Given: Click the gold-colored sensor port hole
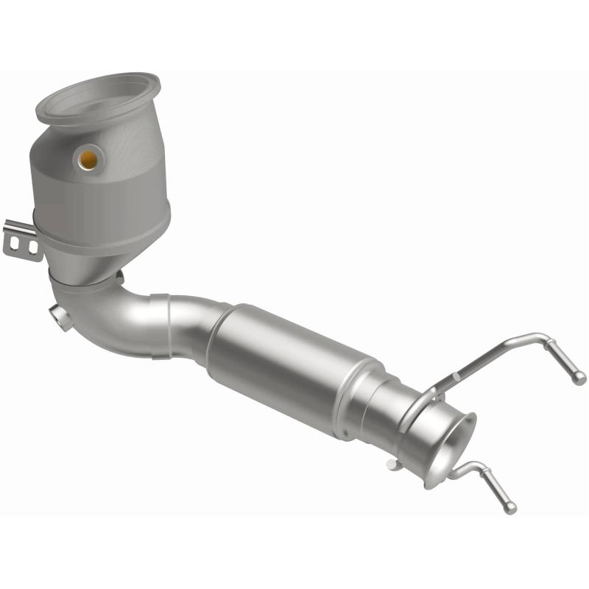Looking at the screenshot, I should coord(88,158).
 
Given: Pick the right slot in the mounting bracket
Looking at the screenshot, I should coord(32,247).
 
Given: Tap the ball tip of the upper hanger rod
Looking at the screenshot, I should coord(580,378).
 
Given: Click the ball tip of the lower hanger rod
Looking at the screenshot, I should coord(510,508).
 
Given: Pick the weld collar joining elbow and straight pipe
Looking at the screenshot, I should coord(158,324).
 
